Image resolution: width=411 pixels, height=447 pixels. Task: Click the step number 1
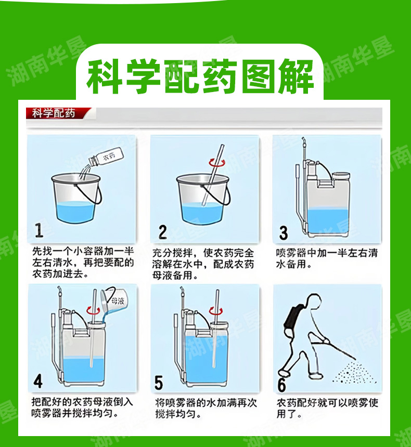39,230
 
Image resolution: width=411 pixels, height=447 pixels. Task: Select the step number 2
163,232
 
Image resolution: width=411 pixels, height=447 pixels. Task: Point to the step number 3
284,233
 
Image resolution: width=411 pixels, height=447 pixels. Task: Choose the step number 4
38,381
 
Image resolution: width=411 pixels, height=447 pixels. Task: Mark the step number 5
159,383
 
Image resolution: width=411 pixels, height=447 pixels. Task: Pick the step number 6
281,384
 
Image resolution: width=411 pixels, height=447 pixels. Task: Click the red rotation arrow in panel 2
217,163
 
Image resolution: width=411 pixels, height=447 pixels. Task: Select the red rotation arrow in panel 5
215,311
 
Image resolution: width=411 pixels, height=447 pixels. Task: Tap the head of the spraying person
313,300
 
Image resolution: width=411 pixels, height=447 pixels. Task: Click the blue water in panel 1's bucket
75,212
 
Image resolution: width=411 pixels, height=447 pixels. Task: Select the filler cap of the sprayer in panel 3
341,176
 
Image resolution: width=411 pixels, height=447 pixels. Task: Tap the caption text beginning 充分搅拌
203,264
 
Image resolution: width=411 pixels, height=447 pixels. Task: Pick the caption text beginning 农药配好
327,408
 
